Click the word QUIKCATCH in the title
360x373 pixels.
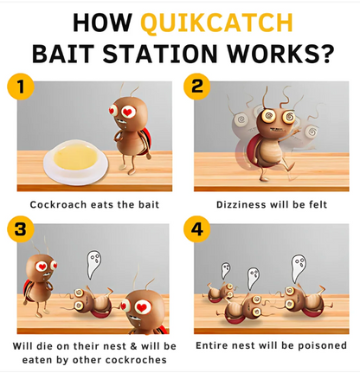coord(217,23)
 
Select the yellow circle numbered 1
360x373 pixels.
coord(21,87)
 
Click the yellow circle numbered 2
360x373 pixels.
coord(197,87)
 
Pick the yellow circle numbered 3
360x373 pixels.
coord(21,229)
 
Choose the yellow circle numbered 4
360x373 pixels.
coord(197,229)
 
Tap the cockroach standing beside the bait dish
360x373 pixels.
coord(132,128)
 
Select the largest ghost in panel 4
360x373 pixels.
coord(299,268)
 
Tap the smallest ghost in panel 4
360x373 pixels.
coord(225,270)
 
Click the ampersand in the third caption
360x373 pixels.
coord(133,346)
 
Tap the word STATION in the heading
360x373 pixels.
coord(159,54)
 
